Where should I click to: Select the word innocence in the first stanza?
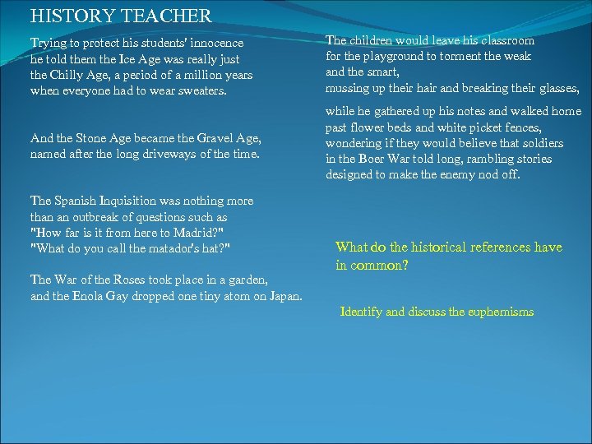(x=216, y=43)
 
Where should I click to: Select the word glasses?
(x=558, y=88)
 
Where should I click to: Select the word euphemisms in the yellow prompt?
(x=497, y=312)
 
